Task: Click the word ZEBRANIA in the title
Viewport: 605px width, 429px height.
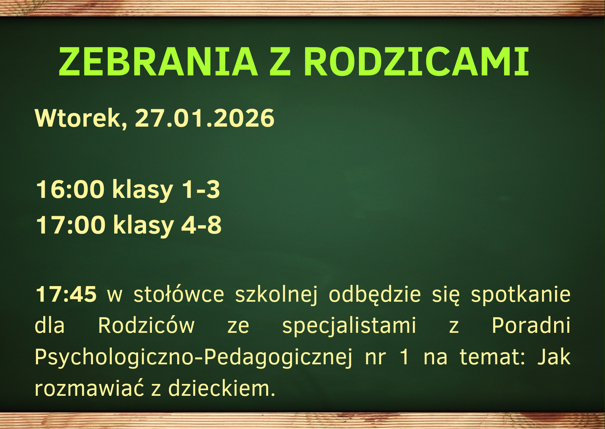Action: (x=159, y=61)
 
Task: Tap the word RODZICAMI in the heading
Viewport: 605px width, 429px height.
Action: (x=416, y=61)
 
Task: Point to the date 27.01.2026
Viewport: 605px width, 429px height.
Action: (x=205, y=118)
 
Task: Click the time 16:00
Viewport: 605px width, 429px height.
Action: (x=70, y=190)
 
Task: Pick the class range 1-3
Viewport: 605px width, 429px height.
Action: (x=201, y=190)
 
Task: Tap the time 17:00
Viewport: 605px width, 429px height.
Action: (x=71, y=225)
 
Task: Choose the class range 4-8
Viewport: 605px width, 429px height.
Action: (x=201, y=225)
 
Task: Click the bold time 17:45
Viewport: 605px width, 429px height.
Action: (x=66, y=294)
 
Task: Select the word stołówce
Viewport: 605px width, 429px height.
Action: (x=179, y=294)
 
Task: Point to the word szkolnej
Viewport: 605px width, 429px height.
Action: (x=276, y=295)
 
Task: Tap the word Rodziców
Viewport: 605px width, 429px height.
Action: (x=146, y=326)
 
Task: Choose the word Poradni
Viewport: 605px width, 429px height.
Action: (x=531, y=326)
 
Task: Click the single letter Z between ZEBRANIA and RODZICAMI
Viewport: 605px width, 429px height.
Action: (x=280, y=61)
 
